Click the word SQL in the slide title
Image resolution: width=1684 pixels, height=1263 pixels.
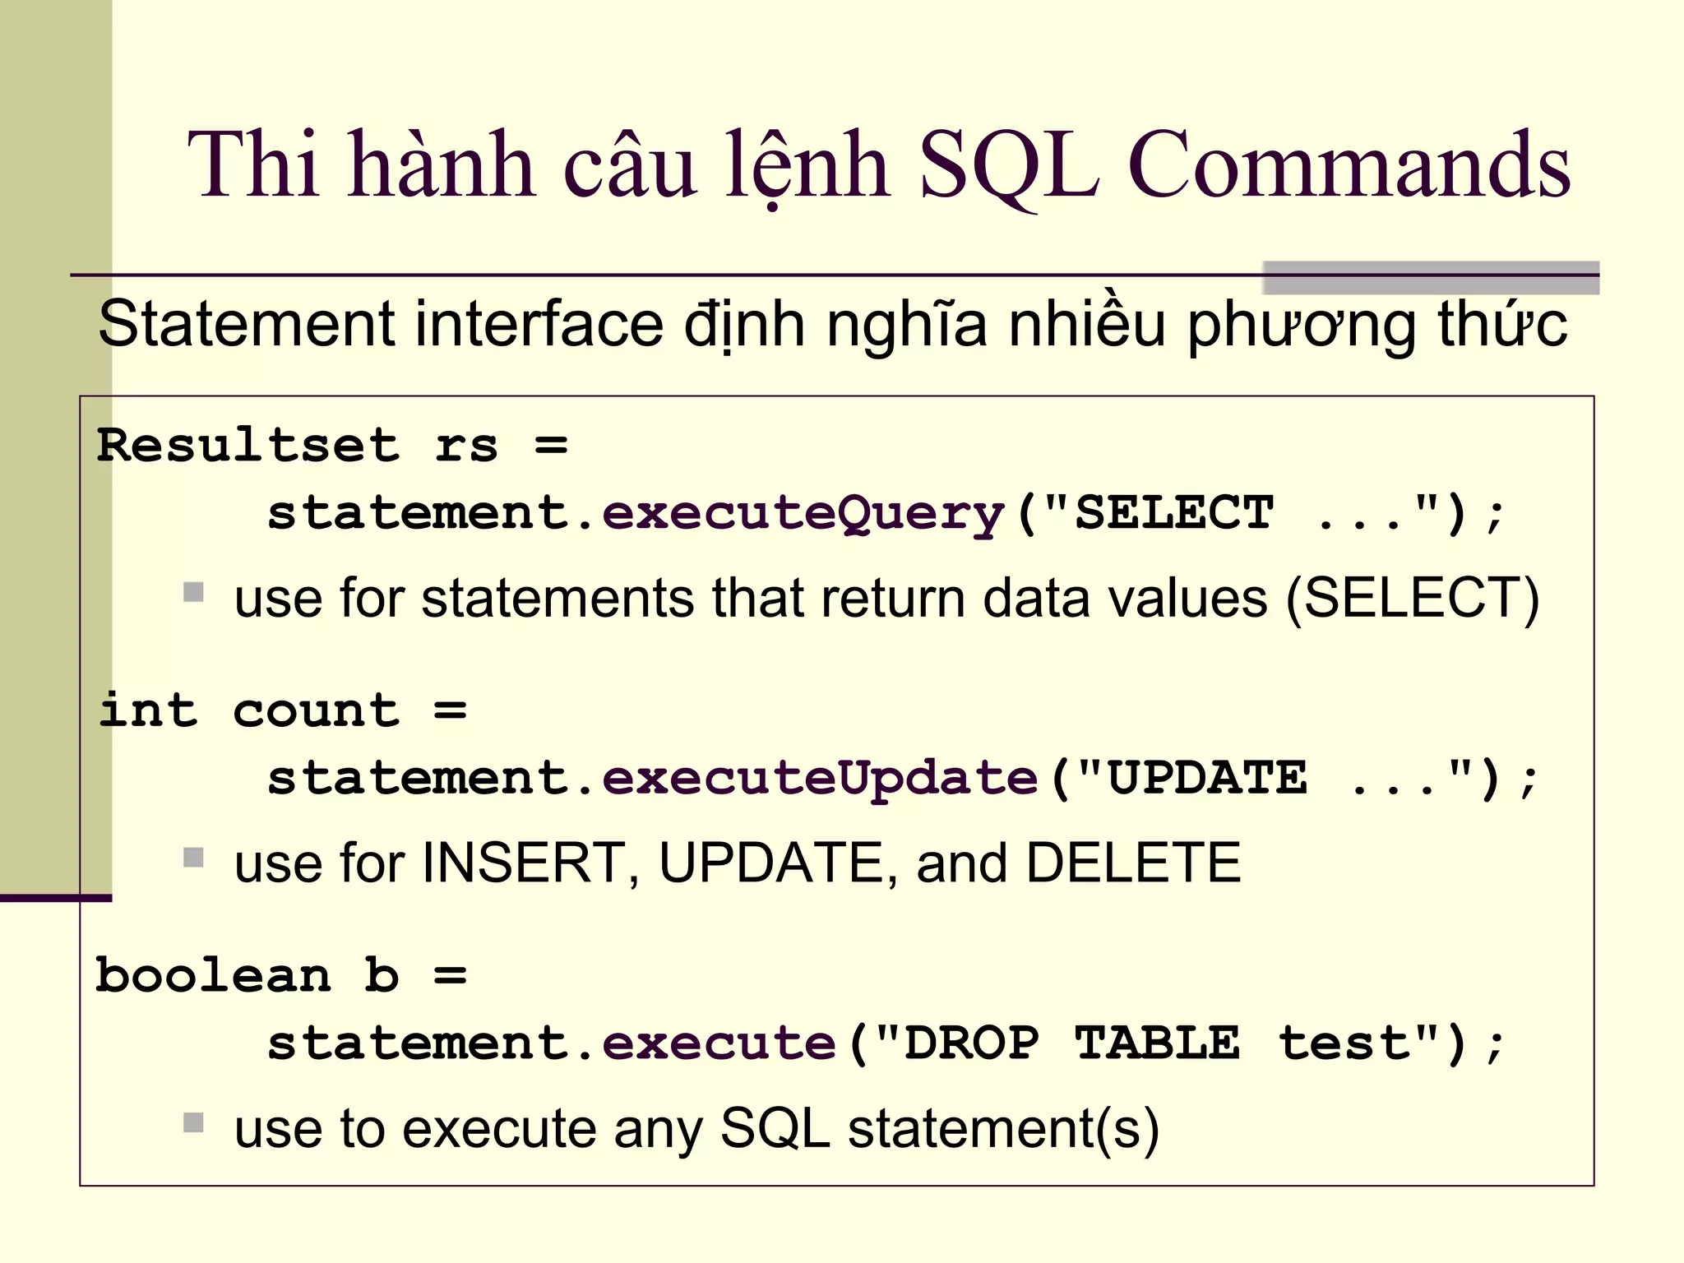pyautogui.click(x=1008, y=166)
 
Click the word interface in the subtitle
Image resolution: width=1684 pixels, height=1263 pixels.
pyautogui.click(x=539, y=324)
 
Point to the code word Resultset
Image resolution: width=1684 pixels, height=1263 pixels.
pyautogui.click(x=248, y=446)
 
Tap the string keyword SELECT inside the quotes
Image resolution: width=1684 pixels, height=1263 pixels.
pyautogui.click(x=1174, y=513)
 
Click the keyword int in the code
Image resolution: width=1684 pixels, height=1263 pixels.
pyautogui.click(x=148, y=710)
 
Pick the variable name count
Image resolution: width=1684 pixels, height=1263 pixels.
pyautogui.click(x=317, y=712)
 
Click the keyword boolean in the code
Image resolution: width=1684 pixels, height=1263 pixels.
pyautogui.click(x=213, y=976)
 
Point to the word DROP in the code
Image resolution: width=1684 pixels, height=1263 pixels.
pyautogui.click(x=971, y=1043)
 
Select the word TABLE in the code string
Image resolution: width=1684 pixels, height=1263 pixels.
pyautogui.click(x=1157, y=1043)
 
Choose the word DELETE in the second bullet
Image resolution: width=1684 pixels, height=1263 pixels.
pyautogui.click(x=1133, y=863)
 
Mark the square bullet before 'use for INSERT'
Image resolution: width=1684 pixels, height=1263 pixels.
pyautogui.click(x=193, y=858)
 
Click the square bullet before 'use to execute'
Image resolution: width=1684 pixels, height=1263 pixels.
pyautogui.click(x=193, y=1122)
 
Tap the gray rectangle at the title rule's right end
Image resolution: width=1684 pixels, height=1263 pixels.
pyautogui.click(x=1430, y=278)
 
